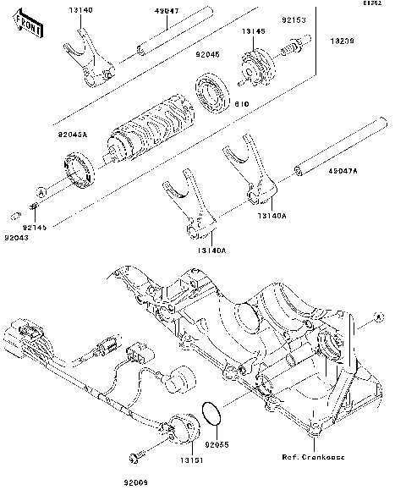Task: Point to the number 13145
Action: click(255, 31)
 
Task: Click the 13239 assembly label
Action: click(343, 39)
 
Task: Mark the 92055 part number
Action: click(219, 443)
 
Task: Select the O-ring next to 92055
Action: click(212, 416)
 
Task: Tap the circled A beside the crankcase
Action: click(379, 317)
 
